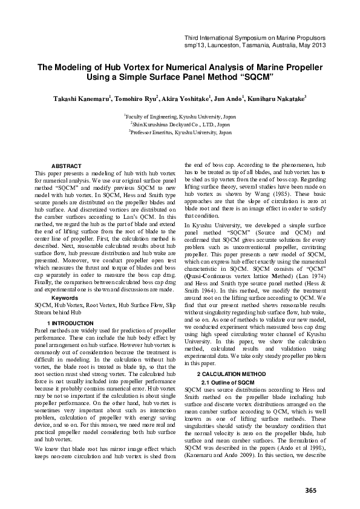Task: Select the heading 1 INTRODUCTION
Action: click(70, 323)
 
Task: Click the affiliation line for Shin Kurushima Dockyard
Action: click(180, 123)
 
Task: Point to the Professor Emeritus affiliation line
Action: click(180, 131)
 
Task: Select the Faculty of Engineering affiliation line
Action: click(180, 114)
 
